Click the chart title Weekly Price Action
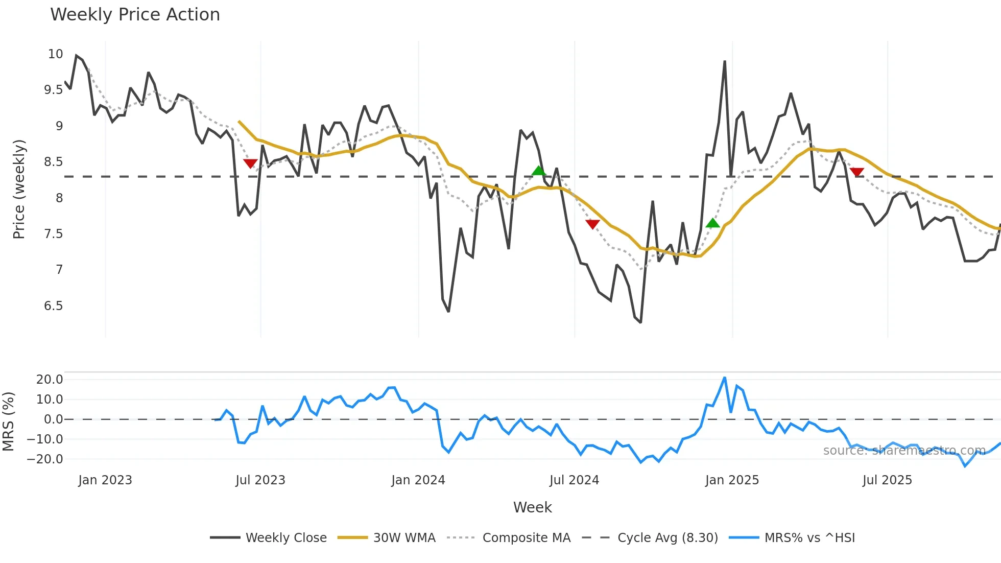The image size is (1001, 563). [x=135, y=15]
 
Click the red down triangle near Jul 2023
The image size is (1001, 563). [x=250, y=163]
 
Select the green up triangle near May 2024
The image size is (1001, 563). [x=538, y=171]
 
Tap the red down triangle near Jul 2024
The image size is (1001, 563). [x=592, y=224]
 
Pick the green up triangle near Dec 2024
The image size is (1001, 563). [x=712, y=223]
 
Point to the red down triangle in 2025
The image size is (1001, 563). [x=857, y=172]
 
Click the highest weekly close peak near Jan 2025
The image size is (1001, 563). [x=724, y=62]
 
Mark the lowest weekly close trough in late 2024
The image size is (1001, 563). [x=640, y=322]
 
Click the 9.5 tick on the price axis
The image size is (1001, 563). [x=53, y=90]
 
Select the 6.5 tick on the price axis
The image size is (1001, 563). [x=53, y=306]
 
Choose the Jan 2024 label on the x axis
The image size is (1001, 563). [x=418, y=480]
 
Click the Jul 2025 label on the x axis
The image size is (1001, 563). [x=887, y=480]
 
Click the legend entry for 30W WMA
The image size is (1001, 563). [x=404, y=537]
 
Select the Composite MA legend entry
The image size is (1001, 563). [x=526, y=537]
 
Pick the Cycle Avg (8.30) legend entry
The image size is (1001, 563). [x=668, y=537]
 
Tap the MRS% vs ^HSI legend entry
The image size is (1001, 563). [x=809, y=537]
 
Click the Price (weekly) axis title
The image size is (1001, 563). [x=19, y=189]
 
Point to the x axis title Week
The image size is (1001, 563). [x=532, y=507]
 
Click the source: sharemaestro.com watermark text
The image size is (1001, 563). [x=904, y=451]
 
